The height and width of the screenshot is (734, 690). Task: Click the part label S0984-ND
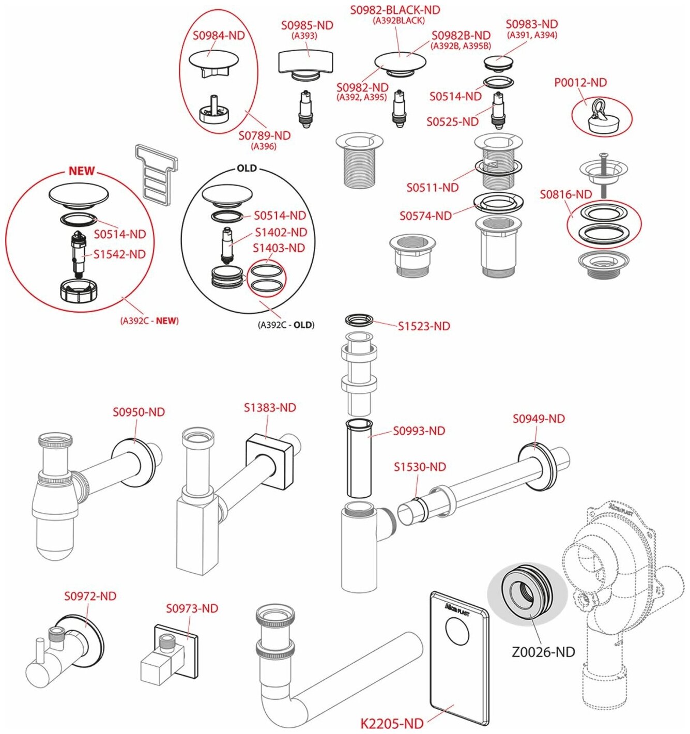tap(219, 36)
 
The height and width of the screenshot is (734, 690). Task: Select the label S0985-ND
tap(307, 25)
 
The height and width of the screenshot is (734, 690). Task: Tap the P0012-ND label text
tap(580, 83)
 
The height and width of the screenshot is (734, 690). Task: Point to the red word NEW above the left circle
tap(82, 171)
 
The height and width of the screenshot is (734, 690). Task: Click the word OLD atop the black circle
tap(247, 169)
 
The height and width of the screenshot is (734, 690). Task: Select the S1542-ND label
tap(119, 254)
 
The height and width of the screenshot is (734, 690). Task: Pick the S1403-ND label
tap(279, 248)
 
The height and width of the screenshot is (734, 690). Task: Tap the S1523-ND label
tap(424, 326)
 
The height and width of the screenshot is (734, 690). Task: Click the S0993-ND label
tap(419, 431)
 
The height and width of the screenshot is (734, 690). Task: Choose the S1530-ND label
tap(420, 467)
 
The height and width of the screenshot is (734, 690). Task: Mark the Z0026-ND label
tap(543, 652)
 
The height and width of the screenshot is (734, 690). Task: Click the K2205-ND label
tap(392, 723)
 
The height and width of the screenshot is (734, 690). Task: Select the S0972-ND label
tap(90, 597)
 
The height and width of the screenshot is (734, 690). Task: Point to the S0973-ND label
tap(192, 609)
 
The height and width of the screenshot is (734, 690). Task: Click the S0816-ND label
tap(566, 195)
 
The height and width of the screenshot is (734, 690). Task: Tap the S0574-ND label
tap(425, 216)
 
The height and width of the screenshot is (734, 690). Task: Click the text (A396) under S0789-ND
tap(264, 146)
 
